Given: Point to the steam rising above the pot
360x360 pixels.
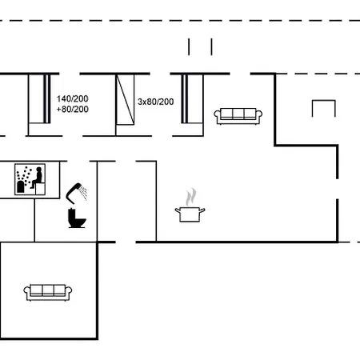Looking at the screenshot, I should coord(190,196).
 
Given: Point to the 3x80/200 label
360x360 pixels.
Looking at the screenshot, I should coord(154,102).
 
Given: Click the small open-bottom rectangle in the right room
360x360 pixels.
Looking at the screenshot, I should coord(322,109).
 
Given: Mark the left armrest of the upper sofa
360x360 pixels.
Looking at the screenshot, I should coord(217,117).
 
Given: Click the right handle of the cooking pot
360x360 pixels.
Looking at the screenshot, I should coord(203,210).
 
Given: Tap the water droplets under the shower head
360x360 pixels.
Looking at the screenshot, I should coord(83,195).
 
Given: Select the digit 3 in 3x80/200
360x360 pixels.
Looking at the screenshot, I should coord(140,102).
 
